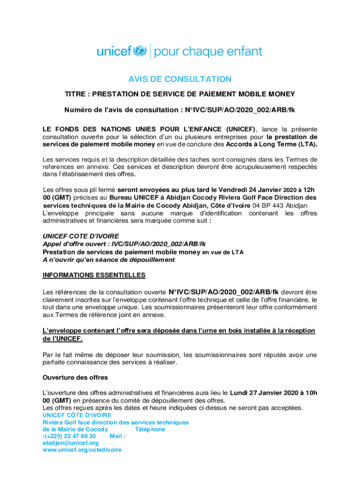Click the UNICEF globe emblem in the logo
point(140,51)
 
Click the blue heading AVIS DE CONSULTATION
point(180,79)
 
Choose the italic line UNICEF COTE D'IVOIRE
point(80,236)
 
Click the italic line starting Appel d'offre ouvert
point(124,244)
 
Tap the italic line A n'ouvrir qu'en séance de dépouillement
point(108,260)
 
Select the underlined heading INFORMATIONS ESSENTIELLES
point(94,275)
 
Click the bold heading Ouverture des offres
point(75,377)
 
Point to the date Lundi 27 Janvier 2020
point(259,393)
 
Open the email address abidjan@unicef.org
point(71,443)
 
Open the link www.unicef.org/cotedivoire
point(82,450)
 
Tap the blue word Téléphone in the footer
point(150,429)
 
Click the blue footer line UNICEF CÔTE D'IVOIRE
point(77,415)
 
